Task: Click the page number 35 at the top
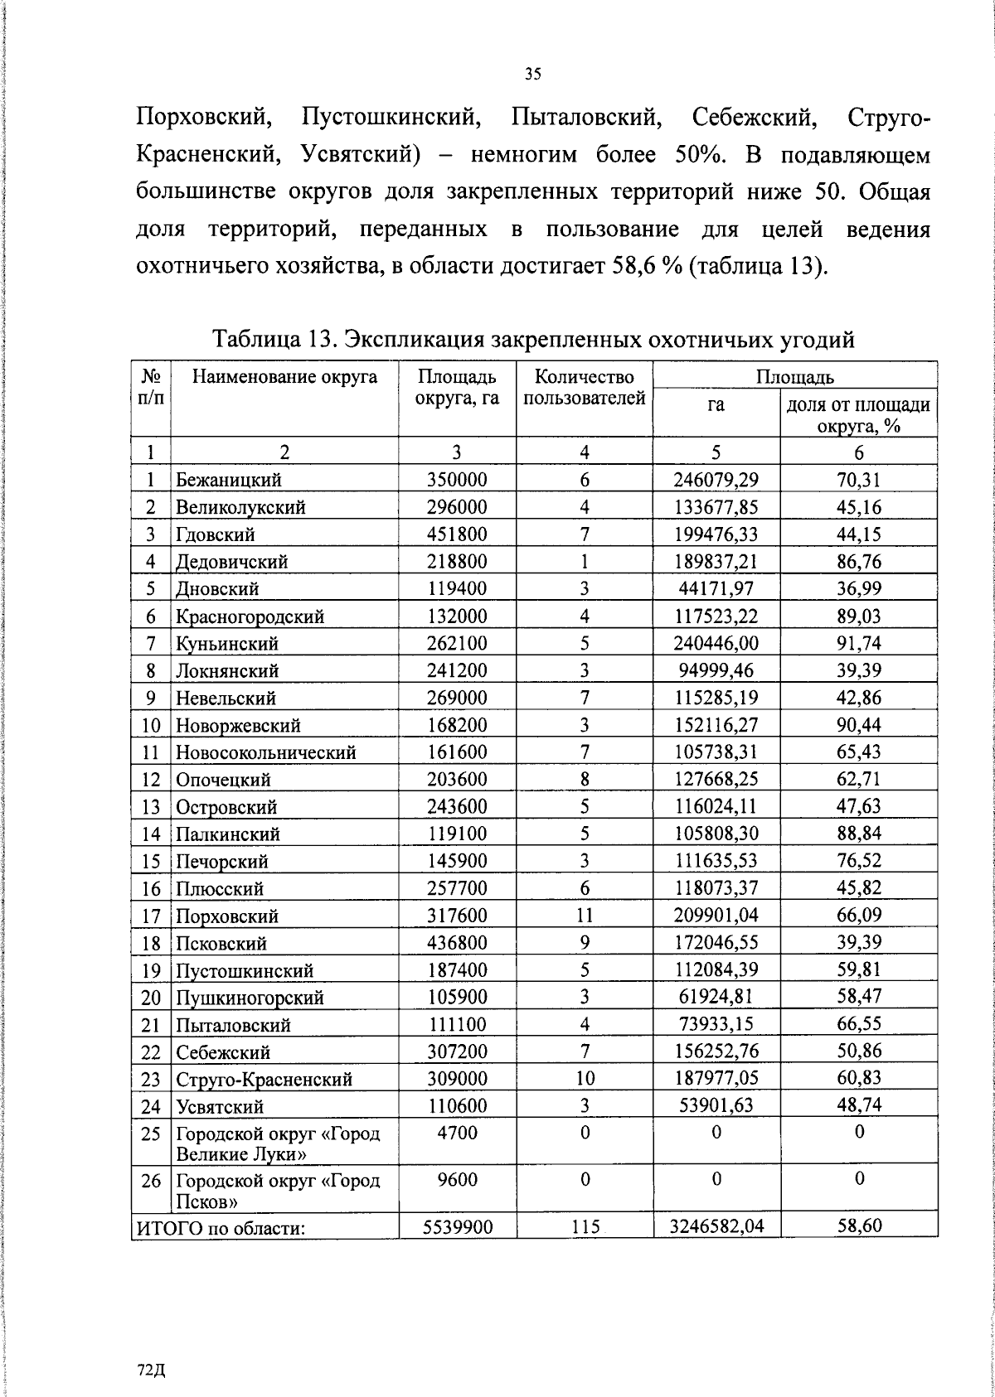[x=532, y=75]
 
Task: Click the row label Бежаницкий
[x=228, y=480]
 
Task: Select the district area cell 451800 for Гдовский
[x=457, y=534]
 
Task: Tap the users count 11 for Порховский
[x=585, y=916]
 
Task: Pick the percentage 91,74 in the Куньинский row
[x=858, y=644]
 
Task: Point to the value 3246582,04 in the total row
[x=716, y=1226]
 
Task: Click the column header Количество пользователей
[x=585, y=388]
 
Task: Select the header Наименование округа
[x=284, y=378]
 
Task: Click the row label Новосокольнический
[x=265, y=752]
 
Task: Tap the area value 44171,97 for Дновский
[x=716, y=589]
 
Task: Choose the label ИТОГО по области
[x=221, y=1228]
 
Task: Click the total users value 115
[x=585, y=1227]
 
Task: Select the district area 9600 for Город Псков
[x=457, y=1179]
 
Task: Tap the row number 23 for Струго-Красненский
[x=150, y=1080]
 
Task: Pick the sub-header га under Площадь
[x=716, y=405]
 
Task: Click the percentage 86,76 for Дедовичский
[x=858, y=562]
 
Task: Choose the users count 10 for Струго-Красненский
[x=585, y=1079]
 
